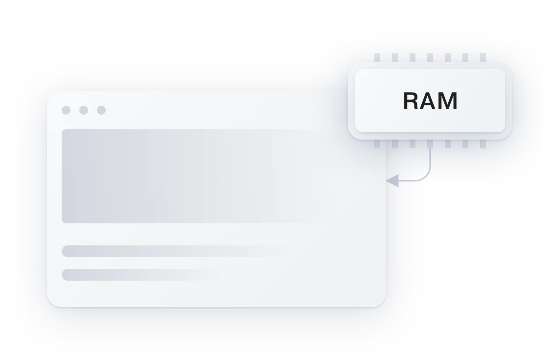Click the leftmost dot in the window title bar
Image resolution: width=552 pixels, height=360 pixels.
pos(66,110)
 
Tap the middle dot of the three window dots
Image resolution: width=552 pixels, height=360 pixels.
pos(84,110)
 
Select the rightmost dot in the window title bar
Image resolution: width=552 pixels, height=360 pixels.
pos(101,110)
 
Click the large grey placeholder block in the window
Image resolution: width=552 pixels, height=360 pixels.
pos(196,176)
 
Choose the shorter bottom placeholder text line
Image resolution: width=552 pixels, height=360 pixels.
pos(139,275)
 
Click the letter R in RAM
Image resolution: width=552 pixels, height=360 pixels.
pos(412,101)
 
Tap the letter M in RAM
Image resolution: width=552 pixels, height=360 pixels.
pos(448,101)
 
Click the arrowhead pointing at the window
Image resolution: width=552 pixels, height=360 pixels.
pos(392,181)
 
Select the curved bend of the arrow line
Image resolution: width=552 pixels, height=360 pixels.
pos(426,176)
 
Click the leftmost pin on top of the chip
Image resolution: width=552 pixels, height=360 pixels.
pos(377,58)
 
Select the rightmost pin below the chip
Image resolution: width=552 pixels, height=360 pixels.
pos(483,144)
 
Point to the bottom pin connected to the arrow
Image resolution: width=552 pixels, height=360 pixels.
pos(430,144)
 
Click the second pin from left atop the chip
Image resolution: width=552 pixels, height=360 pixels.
pos(395,58)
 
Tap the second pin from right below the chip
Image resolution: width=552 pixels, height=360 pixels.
pos(465,144)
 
